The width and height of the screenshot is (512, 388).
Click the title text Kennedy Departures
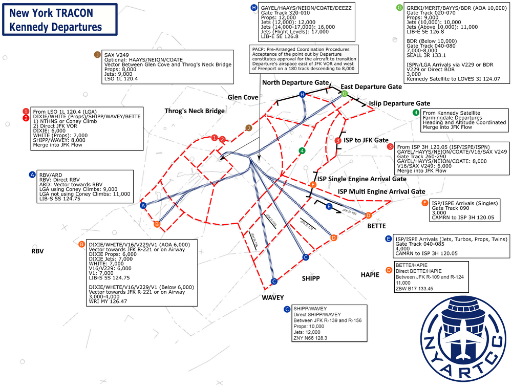click(59, 26)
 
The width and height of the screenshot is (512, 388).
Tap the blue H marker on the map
click(303, 94)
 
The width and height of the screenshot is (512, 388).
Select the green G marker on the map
click(345, 94)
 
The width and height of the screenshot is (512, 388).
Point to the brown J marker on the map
click(249, 127)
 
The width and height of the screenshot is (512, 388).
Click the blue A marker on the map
click(143, 205)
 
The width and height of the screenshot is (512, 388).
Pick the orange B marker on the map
click(157, 224)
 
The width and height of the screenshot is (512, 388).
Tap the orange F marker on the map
click(313, 184)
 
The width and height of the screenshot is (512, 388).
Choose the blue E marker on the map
click(329, 206)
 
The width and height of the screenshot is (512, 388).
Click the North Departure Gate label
click(295, 82)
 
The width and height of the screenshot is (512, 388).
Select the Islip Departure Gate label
click(399, 103)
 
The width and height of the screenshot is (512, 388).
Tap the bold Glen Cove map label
click(243, 97)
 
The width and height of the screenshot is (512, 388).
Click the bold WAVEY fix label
click(272, 297)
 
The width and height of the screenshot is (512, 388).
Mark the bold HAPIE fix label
click(370, 275)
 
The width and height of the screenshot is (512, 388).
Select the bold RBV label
click(37, 251)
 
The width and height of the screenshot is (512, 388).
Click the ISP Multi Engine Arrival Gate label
click(381, 191)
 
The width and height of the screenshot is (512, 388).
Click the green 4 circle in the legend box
click(416, 113)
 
